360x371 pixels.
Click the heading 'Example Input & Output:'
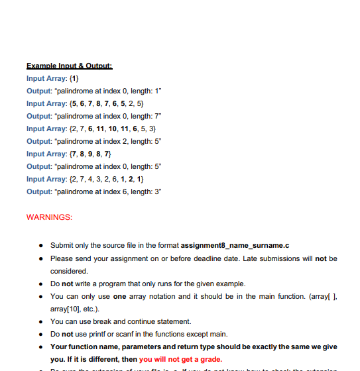(x=70, y=66)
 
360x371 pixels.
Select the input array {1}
(x=74, y=78)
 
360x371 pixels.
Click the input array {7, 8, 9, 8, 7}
(x=93, y=154)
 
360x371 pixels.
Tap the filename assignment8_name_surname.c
(x=235, y=246)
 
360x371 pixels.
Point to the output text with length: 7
(x=93, y=116)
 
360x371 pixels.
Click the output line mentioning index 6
(x=93, y=191)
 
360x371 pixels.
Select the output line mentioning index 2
(x=93, y=141)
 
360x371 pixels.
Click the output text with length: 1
(x=93, y=91)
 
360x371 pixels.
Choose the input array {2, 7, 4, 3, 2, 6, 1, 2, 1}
(x=106, y=179)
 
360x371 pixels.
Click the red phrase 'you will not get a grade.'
(x=180, y=358)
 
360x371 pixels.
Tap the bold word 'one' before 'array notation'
(x=119, y=296)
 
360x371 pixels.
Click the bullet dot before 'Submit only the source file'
(x=42, y=246)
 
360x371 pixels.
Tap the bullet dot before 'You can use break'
(x=42, y=321)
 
